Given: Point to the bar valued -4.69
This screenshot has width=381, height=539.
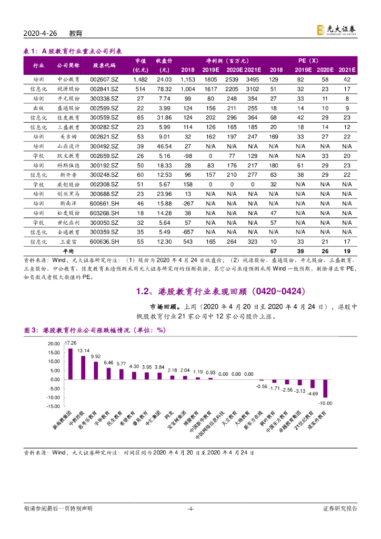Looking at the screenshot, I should pos(313,384).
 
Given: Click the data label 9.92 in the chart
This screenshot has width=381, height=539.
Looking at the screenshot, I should pos(96,356).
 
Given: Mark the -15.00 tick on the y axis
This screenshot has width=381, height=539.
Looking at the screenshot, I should pos(53,406).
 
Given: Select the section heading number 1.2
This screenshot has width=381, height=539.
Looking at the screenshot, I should pos(143,291).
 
